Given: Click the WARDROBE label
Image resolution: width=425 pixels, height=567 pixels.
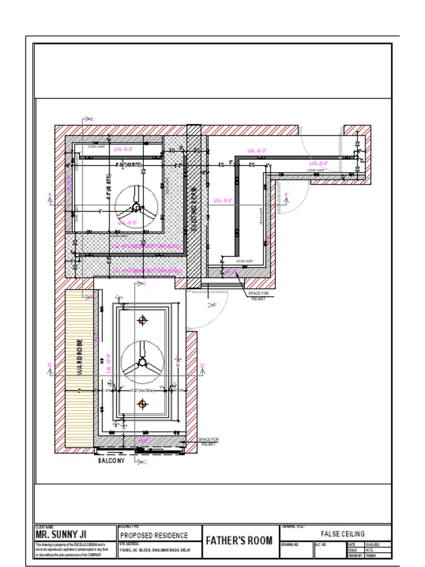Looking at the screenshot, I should pos(80,357).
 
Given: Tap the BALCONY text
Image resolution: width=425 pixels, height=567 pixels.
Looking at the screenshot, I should pos(111,461).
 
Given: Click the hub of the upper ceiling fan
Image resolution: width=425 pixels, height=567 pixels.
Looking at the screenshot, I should pos(136,208).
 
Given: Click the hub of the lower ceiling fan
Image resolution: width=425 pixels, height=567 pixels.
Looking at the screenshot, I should pos(142,362).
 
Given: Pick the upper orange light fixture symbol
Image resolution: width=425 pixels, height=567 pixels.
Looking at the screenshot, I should pos(143,320).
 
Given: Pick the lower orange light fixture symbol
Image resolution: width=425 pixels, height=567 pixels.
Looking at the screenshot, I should pos(143,404).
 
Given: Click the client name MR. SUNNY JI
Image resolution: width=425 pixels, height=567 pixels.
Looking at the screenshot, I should pos(61,535).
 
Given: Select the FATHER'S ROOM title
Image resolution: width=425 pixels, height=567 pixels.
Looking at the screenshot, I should pos(240,541).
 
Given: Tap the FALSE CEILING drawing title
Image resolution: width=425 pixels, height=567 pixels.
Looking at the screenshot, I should pos(343,534).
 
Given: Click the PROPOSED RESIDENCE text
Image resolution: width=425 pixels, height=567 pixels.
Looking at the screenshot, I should pos(154,535).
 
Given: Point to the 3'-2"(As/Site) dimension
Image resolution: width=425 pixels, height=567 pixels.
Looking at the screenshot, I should pos(141,390).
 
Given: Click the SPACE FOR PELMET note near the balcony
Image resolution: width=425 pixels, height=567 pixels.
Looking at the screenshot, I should pos(209,442).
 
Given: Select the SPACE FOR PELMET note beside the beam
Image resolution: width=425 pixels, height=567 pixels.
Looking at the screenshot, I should pos(258,296).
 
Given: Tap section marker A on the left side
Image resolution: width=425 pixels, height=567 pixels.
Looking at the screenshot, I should pos(50,194).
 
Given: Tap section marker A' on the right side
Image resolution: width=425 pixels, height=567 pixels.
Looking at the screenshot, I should pos(286,194).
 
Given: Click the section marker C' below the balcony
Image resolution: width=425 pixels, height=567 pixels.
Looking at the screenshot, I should pos(144,462).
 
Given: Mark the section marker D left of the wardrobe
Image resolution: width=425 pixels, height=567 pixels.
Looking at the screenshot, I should pos(50,365).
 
